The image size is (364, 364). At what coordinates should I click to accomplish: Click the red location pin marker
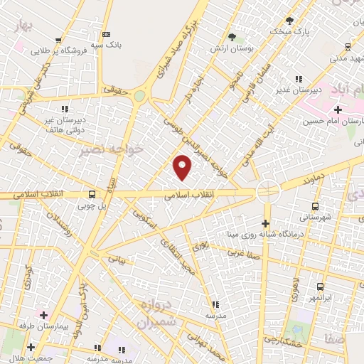183,167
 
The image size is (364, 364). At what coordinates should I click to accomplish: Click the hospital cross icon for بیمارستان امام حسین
338,109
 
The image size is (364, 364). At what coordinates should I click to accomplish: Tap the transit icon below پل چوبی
92,193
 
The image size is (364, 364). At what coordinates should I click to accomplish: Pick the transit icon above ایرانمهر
320,287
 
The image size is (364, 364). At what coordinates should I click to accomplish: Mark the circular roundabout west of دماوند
268,190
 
